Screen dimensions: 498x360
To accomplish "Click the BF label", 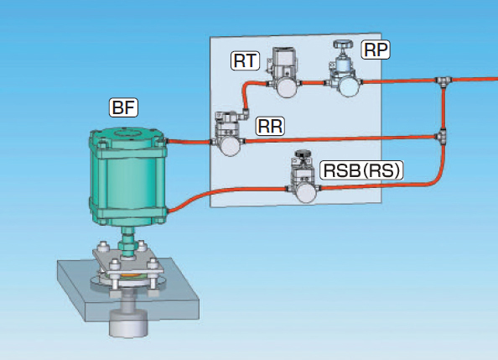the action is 123,107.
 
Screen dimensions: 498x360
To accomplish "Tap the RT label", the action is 245,60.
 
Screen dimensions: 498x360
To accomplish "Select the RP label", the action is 376,50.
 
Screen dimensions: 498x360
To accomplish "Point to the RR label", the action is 270,126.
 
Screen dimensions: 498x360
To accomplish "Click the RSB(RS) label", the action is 361,170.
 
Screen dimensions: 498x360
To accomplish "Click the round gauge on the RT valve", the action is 287,86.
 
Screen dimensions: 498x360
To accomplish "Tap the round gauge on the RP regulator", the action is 349,86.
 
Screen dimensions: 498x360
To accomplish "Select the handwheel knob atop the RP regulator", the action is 343,44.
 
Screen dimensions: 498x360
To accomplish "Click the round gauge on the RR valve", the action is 230,145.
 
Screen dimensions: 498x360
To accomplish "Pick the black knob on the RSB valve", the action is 304,154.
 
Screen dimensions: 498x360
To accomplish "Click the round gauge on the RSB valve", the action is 307,192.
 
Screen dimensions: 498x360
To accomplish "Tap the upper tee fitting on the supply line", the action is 444,81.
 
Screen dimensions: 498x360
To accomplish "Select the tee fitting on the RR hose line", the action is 442,137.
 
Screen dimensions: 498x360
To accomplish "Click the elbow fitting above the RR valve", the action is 244,114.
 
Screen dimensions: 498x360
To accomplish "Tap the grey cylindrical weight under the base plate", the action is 128,322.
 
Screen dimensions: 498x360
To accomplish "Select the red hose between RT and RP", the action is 314,83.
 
